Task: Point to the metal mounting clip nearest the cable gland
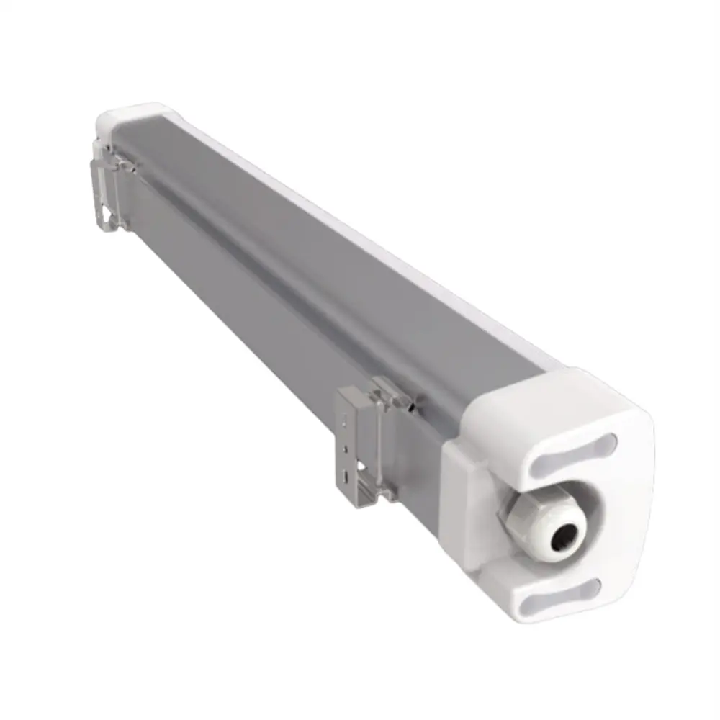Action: pyautogui.click(x=360, y=439)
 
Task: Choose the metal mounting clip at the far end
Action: pyautogui.click(x=108, y=191)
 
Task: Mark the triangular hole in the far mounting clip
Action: pyautogui.click(x=107, y=215)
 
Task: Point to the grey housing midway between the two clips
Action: pyautogui.click(x=245, y=288)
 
